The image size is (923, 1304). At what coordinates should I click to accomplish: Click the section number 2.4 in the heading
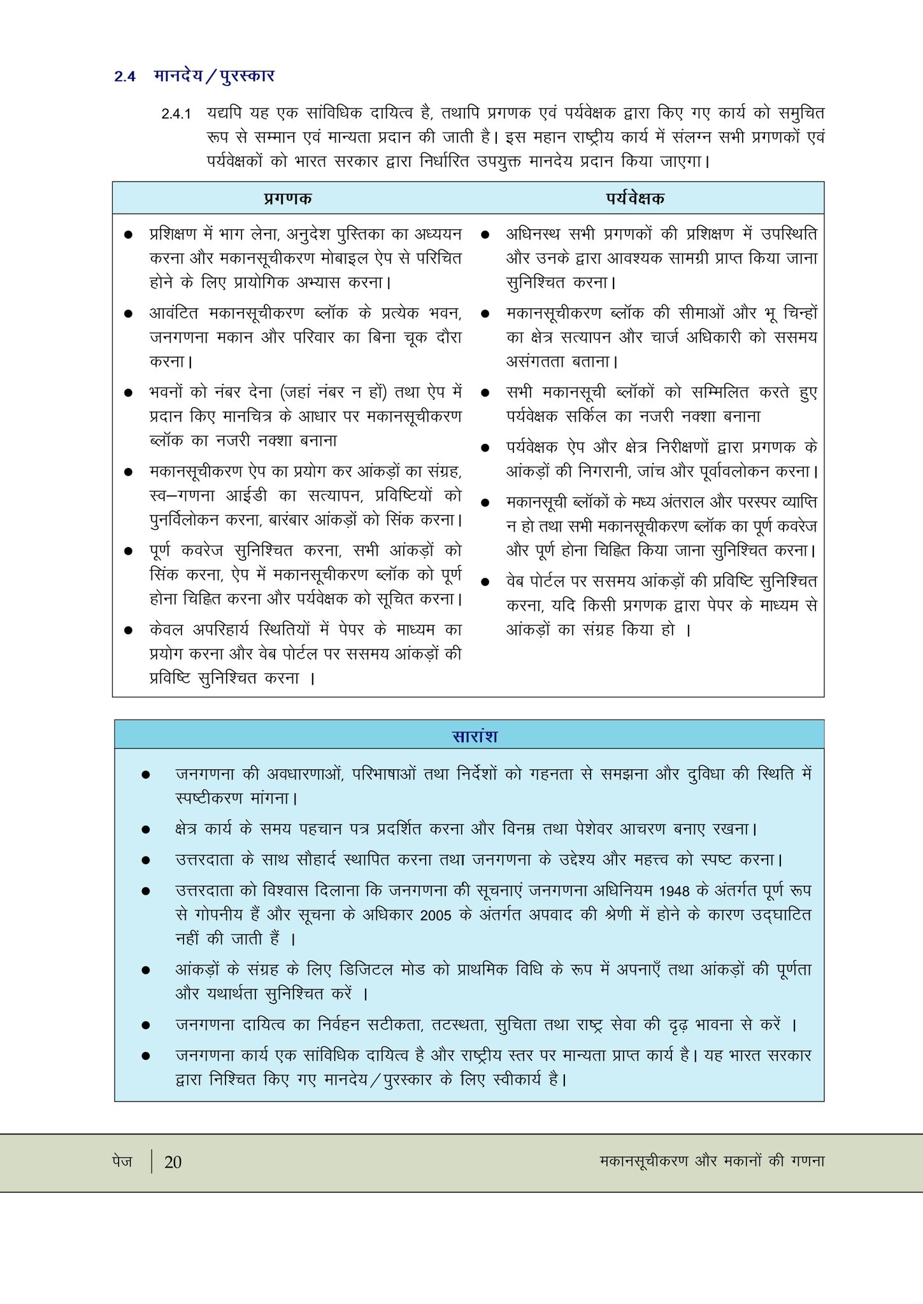point(125,76)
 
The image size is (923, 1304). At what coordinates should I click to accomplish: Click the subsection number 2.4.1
point(176,114)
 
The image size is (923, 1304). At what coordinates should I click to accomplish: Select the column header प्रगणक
point(288,198)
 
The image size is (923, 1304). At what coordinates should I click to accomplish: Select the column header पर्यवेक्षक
point(635,198)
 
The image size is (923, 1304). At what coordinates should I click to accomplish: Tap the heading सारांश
point(475,736)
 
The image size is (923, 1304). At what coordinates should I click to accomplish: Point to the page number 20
point(173,1162)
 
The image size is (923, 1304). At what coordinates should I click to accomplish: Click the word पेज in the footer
point(122,1161)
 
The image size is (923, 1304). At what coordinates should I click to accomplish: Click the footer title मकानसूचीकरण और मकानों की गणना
point(712,1161)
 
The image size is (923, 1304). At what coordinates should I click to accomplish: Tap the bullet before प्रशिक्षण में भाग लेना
point(128,235)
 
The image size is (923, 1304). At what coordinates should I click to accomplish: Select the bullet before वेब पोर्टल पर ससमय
point(485,582)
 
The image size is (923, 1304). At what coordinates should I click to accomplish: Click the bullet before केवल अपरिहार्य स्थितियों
point(128,630)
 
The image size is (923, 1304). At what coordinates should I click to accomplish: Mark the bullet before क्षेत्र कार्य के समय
point(146,830)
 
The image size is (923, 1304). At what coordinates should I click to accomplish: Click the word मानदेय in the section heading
point(178,76)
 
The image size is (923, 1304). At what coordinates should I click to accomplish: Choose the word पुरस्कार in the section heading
point(248,76)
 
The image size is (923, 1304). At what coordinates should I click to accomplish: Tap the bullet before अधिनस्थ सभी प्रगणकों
point(485,235)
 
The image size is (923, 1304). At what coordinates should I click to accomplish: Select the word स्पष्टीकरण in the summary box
point(209,798)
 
